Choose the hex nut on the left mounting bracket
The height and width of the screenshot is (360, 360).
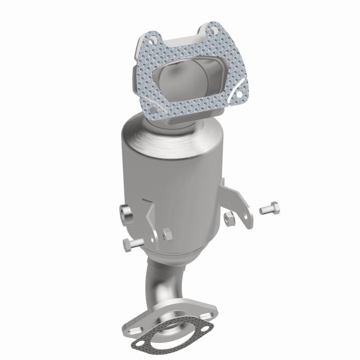[166, 234]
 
